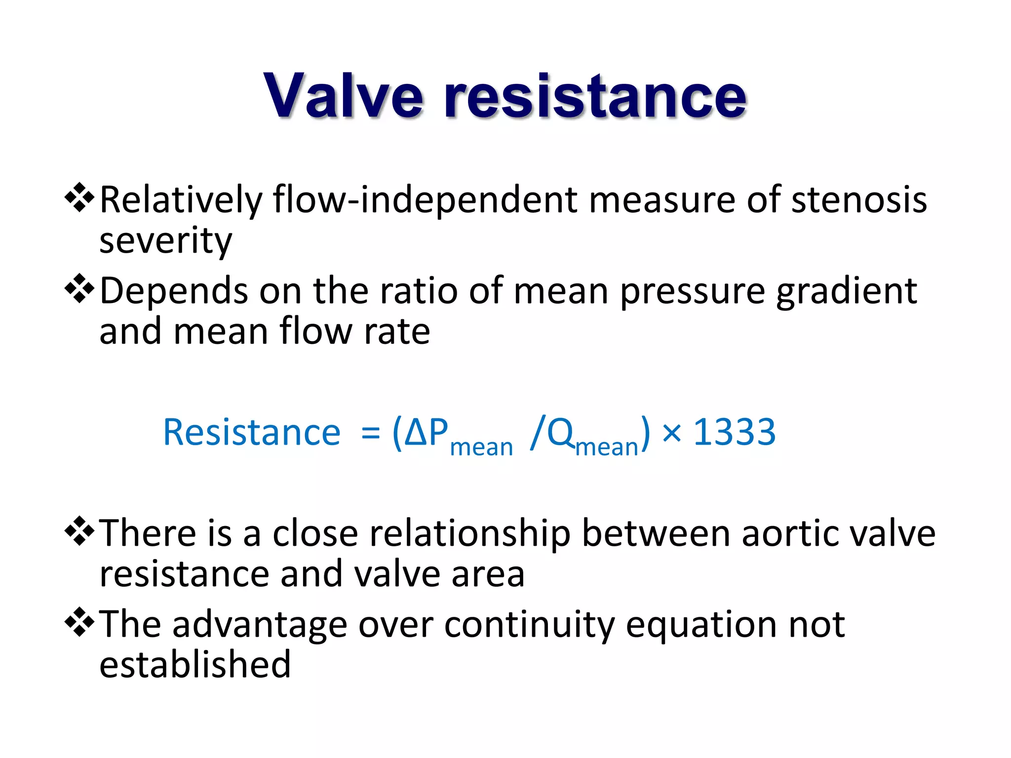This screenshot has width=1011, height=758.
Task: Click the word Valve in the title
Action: (x=343, y=96)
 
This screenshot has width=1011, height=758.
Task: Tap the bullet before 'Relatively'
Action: (x=79, y=198)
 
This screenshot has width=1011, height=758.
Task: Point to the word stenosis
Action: (x=859, y=200)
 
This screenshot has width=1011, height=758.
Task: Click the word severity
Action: (x=165, y=241)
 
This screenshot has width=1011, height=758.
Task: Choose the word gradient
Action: (x=847, y=292)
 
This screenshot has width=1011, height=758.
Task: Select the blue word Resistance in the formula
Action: (x=252, y=432)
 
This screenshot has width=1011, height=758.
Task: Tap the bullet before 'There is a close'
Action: (x=79, y=531)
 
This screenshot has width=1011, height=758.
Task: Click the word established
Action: (x=195, y=665)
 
